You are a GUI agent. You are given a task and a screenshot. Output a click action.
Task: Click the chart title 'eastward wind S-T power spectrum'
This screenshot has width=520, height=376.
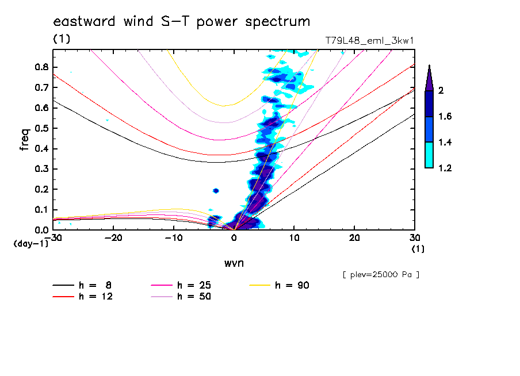point(182,22)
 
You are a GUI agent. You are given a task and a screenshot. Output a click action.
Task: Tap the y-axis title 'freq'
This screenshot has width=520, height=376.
point(24,140)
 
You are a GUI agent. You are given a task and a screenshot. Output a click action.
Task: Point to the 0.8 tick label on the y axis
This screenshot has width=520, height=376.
point(41,67)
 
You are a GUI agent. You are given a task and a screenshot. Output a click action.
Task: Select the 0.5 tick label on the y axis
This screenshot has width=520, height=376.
point(41,128)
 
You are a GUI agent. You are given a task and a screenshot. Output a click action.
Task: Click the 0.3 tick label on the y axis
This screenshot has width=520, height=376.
point(41,169)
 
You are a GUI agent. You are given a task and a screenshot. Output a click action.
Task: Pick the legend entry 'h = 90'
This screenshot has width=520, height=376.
point(292,285)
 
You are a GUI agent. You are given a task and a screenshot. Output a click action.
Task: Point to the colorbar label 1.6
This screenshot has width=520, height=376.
point(446,117)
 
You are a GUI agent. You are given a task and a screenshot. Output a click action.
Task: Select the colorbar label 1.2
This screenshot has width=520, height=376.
point(446,168)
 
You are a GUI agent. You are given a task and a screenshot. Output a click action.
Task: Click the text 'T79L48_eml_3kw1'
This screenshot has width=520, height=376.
point(369,40)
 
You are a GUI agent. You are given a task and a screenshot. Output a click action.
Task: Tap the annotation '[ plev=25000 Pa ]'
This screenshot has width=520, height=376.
point(381,275)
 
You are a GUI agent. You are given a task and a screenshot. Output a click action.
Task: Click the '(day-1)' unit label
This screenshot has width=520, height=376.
point(30,244)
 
